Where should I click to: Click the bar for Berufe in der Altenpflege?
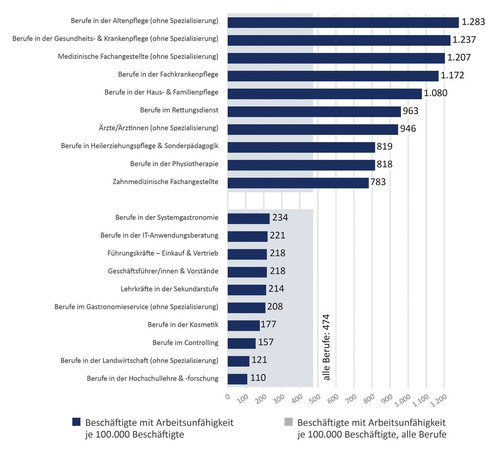(x=343, y=22)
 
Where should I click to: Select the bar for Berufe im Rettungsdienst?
(x=314, y=111)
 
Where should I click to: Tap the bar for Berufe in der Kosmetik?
(x=244, y=325)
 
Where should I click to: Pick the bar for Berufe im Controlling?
(x=241, y=343)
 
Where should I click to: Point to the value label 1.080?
(x=436, y=93)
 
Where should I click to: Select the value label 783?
(x=378, y=182)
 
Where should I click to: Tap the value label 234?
(x=279, y=218)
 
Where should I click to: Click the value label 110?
(x=257, y=378)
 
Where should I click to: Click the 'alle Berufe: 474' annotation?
(x=327, y=347)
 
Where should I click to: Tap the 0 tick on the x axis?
(x=227, y=396)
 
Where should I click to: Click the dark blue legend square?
(x=76, y=422)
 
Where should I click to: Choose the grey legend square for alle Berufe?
(x=288, y=422)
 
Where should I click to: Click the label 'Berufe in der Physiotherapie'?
(x=174, y=164)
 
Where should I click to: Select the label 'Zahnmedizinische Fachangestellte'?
(x=165, y=182)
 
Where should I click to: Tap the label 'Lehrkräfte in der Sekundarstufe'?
(x=169, y=289)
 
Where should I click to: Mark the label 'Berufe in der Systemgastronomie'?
(x=167, y=218)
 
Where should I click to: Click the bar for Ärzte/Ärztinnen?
(x=313, y=129)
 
